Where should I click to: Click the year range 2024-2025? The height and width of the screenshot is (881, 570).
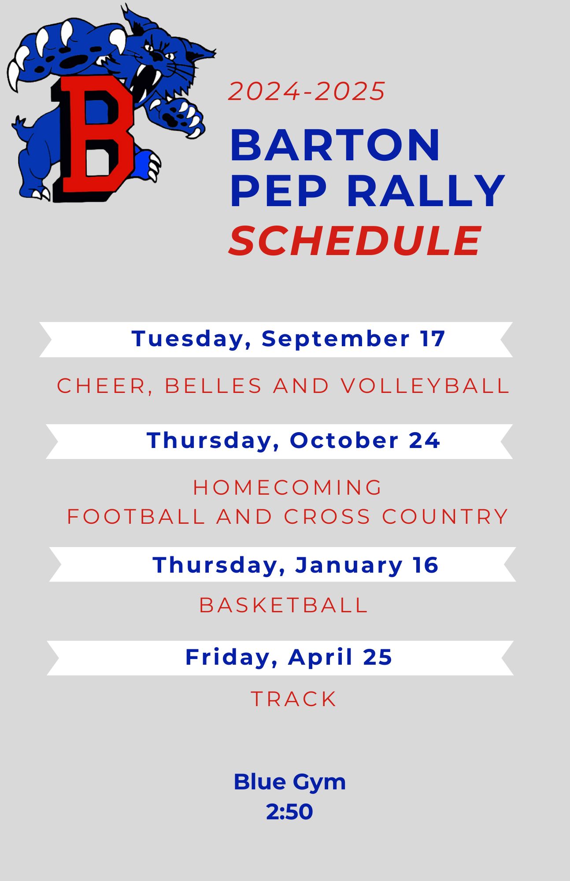[x=307, y=92]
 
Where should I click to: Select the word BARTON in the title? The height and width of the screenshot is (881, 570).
[x=335, y=145]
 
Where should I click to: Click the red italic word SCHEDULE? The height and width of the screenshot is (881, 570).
[x=355, y=241]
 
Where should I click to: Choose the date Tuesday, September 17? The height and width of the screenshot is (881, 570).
[x=289, y=339]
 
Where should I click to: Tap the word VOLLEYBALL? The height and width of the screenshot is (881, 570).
[x=426, y=386]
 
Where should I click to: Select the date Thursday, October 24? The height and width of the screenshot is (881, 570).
[x=293, y=441]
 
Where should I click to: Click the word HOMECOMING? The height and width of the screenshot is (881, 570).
[x=288, y=488]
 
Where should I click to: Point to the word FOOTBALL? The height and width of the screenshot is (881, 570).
[x=136, y=517]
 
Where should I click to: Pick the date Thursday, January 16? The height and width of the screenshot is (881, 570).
[x=296, y=565]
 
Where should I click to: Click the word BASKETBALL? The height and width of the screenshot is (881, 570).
[x=284, y=605]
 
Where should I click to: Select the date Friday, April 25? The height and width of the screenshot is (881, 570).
[x=289, y=658]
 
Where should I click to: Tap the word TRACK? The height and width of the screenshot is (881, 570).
[x=294, y=699]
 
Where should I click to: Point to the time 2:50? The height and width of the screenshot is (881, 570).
[x=289, y=812]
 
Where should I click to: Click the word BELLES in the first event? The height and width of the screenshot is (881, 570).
[x=214, y=386]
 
